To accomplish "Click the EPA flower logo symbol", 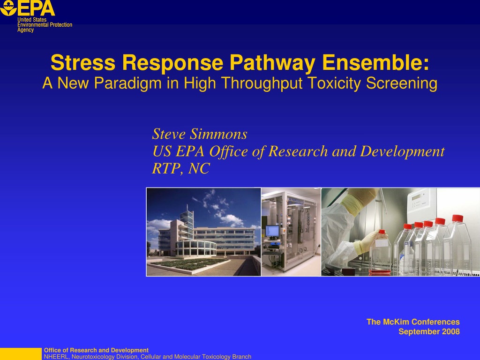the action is tap(8, 7).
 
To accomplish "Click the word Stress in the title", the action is tap(82, 62).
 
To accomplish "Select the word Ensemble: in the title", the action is tap(375, 62).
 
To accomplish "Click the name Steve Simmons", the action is tap(200, 134).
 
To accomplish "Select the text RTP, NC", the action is tap(181, 168).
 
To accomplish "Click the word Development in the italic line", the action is tap(402, 151).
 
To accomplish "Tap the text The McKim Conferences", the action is tap(413, 322).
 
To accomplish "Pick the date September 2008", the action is tap(429, 331).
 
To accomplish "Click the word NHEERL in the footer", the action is tap(56, 357).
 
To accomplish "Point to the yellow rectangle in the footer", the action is tap(21, 354).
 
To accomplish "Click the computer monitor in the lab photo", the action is tap(272, 231).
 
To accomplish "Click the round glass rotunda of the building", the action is tap(196, 248).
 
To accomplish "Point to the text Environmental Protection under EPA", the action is tap(45, 25).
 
